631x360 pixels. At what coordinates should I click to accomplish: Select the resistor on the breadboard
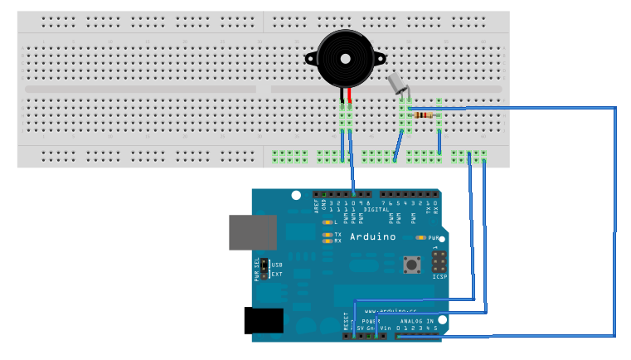pos(425,115)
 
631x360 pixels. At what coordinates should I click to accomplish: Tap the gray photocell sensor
pos(397,83)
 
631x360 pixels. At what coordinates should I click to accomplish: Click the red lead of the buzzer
pos(351,96)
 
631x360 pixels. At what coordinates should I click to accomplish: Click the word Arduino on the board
pos(372,237)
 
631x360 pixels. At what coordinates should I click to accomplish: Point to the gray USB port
pos(252,232)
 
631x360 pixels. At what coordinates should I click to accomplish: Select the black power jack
pos(264,321)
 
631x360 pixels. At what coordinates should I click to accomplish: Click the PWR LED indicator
pos(424,237)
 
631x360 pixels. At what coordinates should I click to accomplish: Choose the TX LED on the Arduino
pos(329,235)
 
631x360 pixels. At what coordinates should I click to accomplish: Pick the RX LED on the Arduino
pos(329,241)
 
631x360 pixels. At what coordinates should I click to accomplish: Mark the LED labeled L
pos(329,222)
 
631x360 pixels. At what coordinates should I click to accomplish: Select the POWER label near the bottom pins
pos(371,320)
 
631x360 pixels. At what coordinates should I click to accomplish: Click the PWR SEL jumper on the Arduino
pos(264,269)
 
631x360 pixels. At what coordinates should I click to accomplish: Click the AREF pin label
pos(316,206)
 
